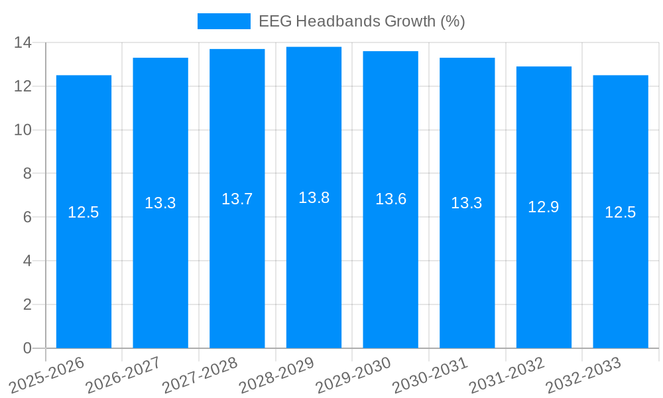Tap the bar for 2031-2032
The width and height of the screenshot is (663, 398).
click(x=544, y=265)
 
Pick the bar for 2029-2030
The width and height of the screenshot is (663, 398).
click(x=391, y=265)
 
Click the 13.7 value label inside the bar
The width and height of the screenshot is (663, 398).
click(x=237, y=199)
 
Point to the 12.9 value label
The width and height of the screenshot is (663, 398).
click(x=544, y=207)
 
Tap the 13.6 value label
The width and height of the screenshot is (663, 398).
click(x=391, y=199)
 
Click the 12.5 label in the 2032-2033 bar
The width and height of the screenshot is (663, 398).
click(x=620, y=212)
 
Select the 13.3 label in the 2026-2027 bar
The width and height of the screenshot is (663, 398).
click(x=160, y=203)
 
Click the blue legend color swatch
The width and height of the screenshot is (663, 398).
click(x=223, y=21)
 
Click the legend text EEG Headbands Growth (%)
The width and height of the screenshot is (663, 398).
click(x=361, y=21)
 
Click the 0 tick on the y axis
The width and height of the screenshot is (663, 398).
click(x=27, y=348)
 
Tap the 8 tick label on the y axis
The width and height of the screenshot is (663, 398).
click(x=27, y=173)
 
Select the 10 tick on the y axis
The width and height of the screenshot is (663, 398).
click(x=23, y=130)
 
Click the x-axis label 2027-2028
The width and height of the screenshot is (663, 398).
click(x=200, y=375)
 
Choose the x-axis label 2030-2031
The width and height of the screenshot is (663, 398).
click(x=430, y=375)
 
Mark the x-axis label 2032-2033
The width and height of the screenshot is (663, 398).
click(x=583, y=375)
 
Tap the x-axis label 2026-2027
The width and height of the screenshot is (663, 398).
click(x=123, y=375)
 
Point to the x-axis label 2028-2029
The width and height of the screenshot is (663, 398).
click(x=276, y=375)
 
